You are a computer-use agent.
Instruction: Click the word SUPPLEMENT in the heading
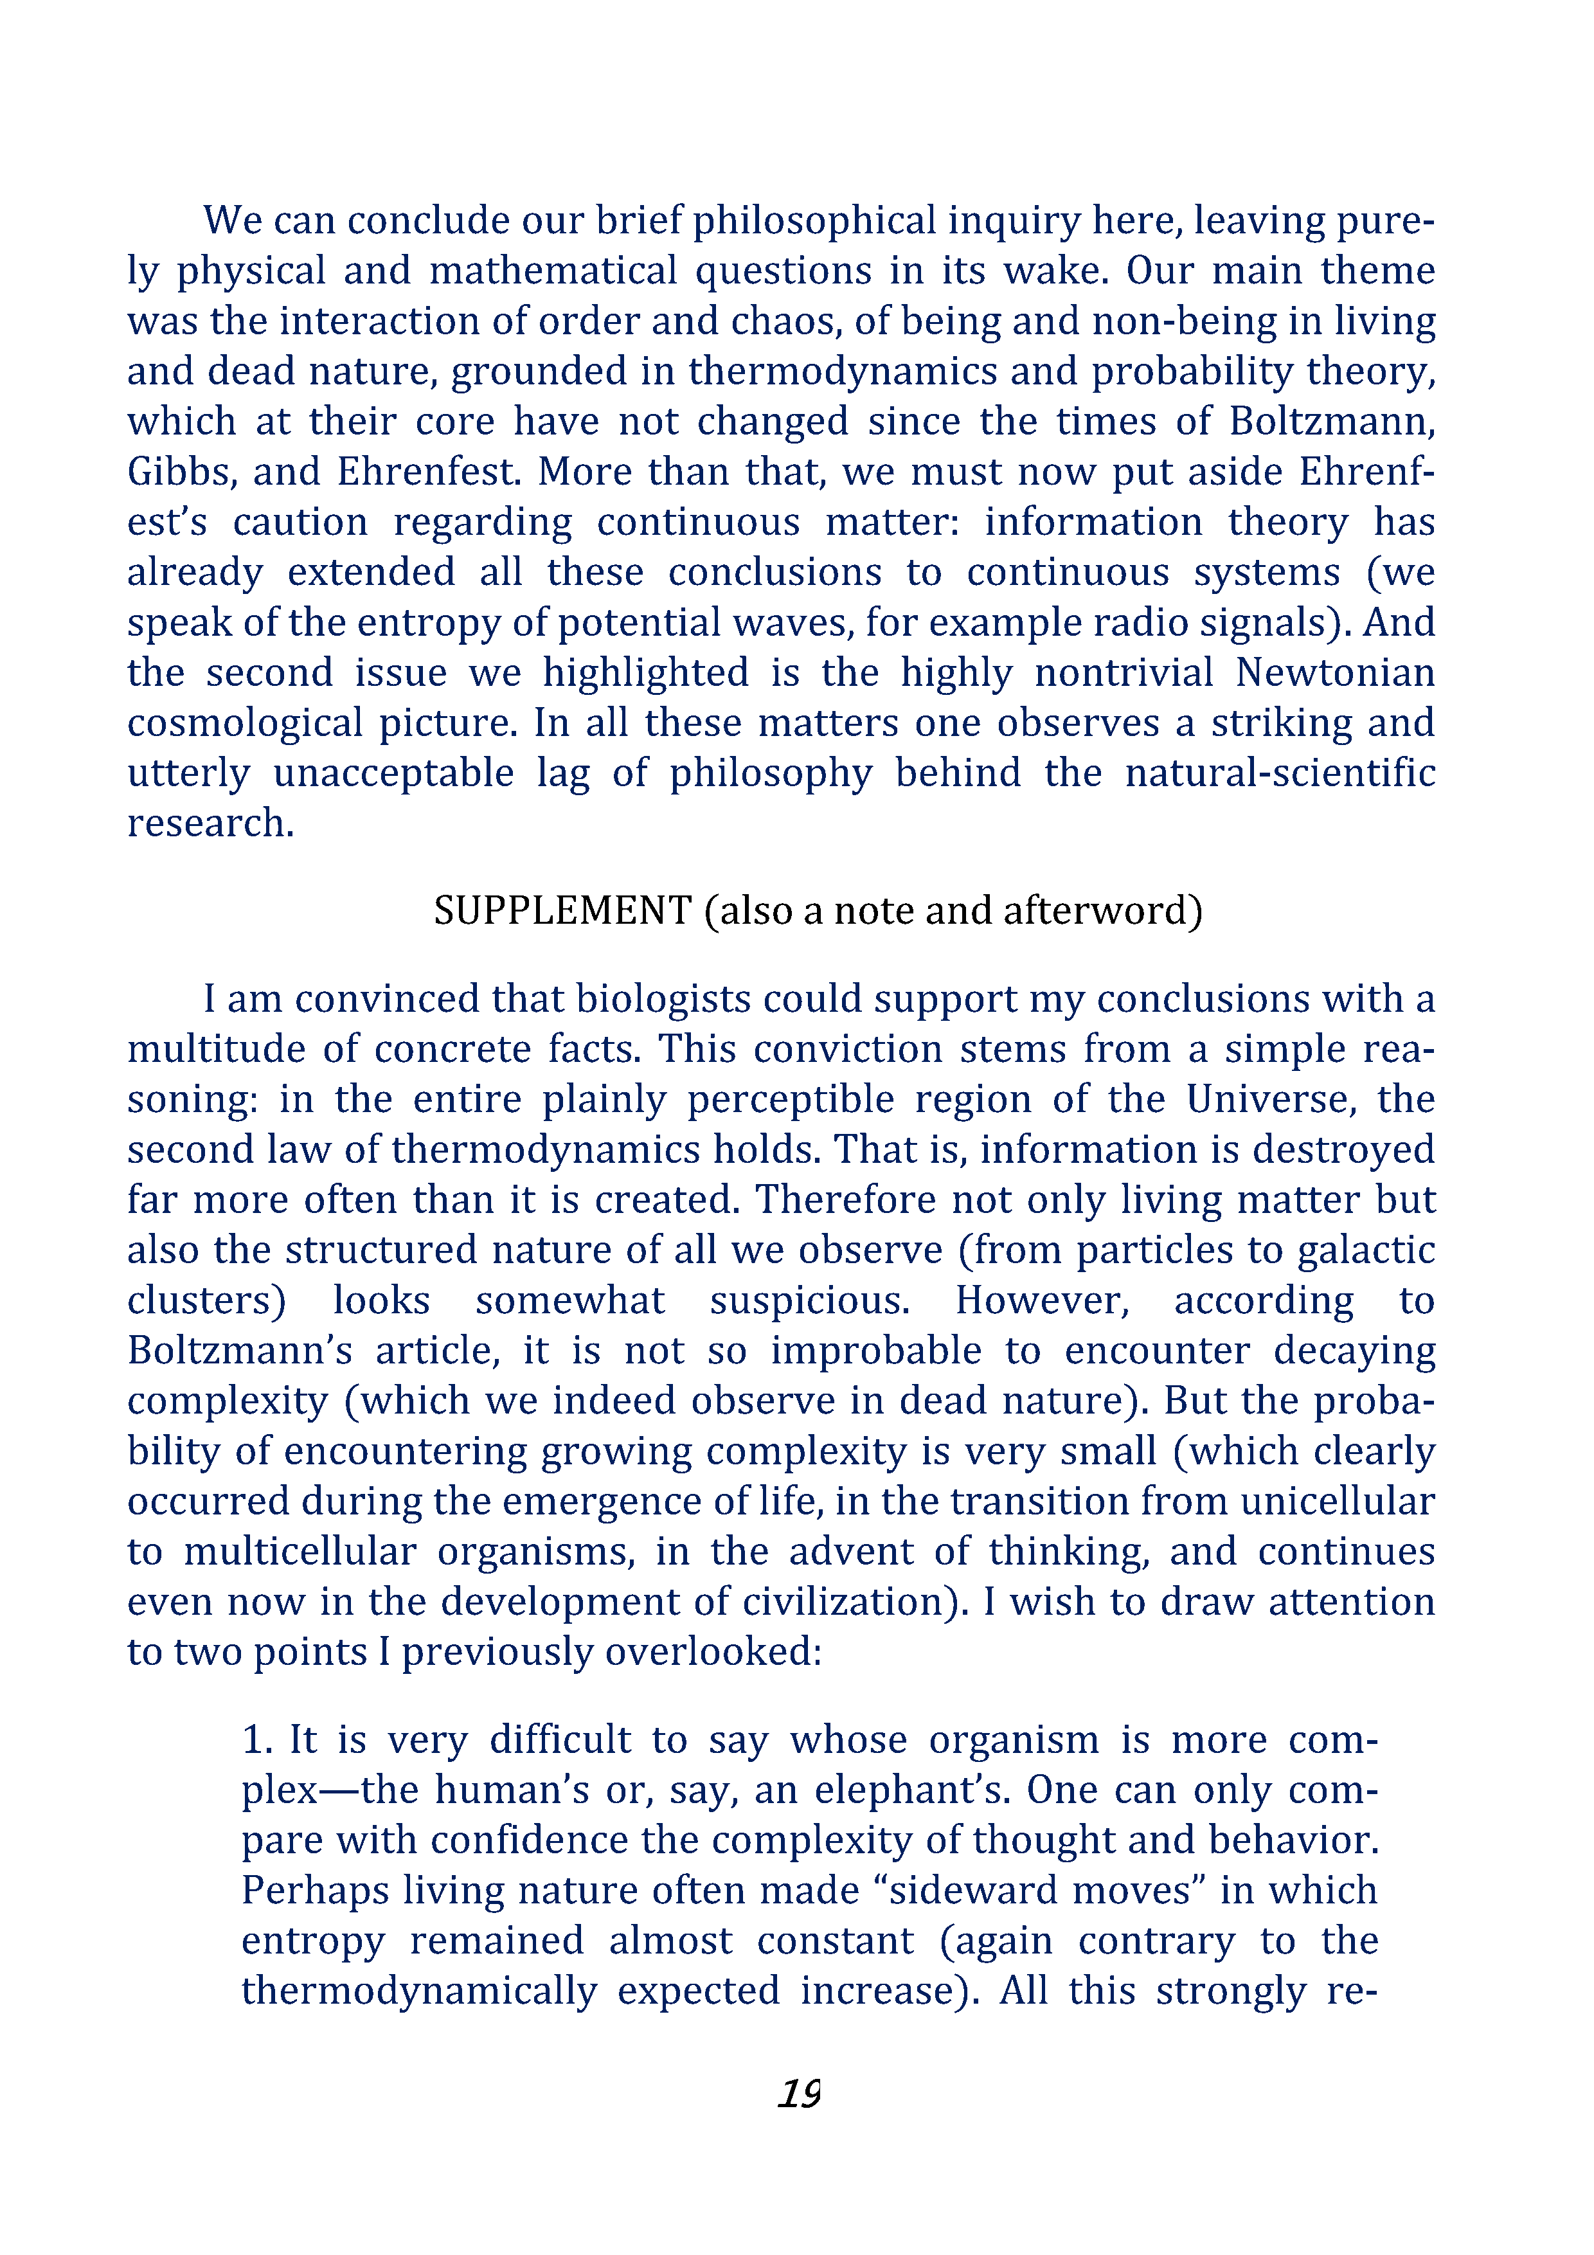[563, 910]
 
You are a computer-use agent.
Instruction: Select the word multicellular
[300, 1552]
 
